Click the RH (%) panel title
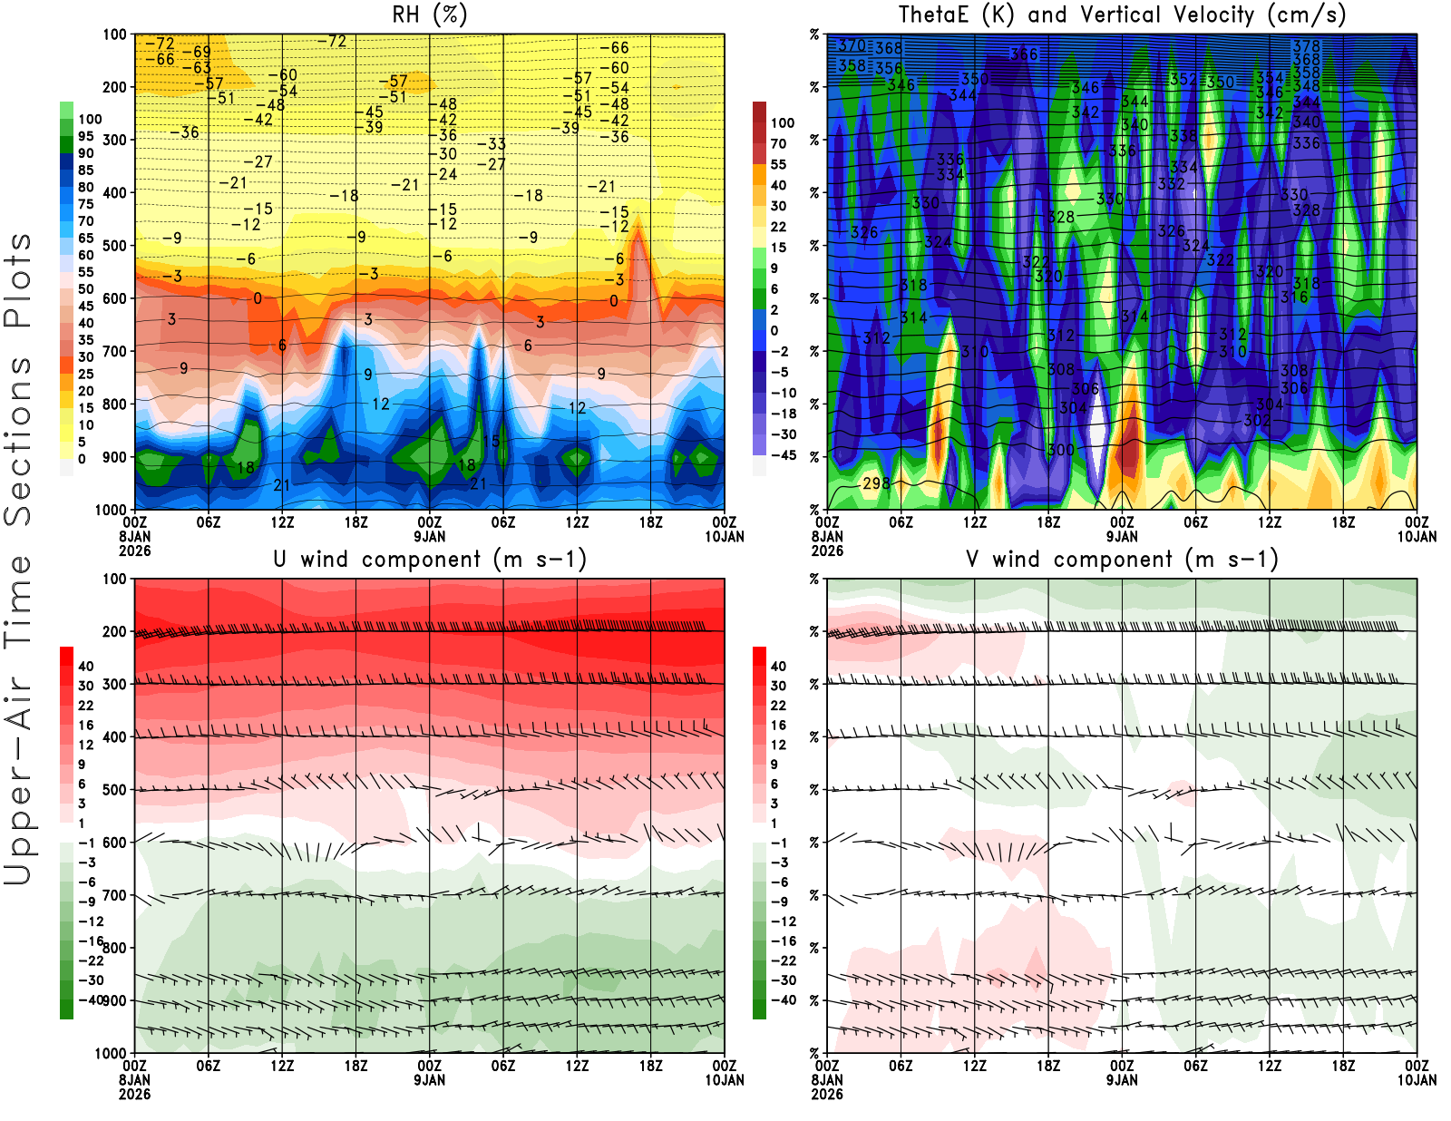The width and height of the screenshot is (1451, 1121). (x=429, y=15)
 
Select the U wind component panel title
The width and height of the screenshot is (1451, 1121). (x=429, y=559)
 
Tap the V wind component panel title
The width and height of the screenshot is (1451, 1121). (x=1122, y=559)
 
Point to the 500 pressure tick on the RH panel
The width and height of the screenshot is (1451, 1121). (x=115, y=246)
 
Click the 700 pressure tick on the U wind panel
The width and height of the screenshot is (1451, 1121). (x=115, y=895)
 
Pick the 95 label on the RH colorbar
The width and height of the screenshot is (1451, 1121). (x=85, y=136)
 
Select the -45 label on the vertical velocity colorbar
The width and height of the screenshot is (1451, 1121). (x=783, y=455)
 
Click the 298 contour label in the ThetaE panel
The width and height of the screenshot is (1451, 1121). (x=876, y=483)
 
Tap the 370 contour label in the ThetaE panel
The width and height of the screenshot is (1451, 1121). (x=852, y=44)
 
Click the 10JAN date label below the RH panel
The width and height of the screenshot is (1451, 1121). (x=724, y=536)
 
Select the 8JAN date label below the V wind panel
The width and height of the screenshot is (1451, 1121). (x=827, y=1079)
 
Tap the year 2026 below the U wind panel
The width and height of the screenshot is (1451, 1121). (x=134, y=1094)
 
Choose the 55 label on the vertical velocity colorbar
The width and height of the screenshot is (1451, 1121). (x=778, y=164)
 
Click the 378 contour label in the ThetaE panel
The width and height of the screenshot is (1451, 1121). (x=1306, y=46)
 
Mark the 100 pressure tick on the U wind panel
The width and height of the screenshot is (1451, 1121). (x=115, y=579)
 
